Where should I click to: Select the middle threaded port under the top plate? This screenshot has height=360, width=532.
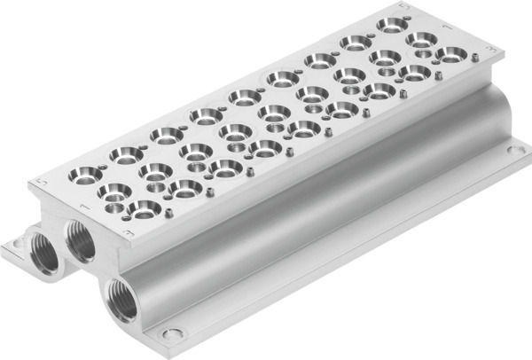80,239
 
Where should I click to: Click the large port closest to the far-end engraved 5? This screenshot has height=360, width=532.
388,25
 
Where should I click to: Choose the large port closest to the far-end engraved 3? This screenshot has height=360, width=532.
450,55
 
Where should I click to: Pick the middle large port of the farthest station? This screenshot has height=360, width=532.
419,40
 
